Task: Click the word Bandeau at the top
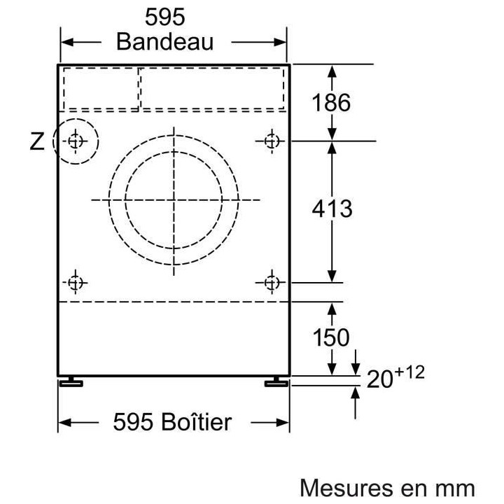click(x=165, y=42)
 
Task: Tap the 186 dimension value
click(x=331, y=102)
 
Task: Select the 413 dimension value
click(x=332, y=209)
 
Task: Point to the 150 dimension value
click(x=331, y=337)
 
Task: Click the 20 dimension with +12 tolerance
click(x=395, y=377)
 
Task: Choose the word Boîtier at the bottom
click(x=197, y=421)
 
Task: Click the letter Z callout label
click(x=37, y=141)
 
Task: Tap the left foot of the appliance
click(x=71, y=382)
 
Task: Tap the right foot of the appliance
click(x=276, y=382)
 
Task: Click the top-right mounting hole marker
click(x=272, y=141)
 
